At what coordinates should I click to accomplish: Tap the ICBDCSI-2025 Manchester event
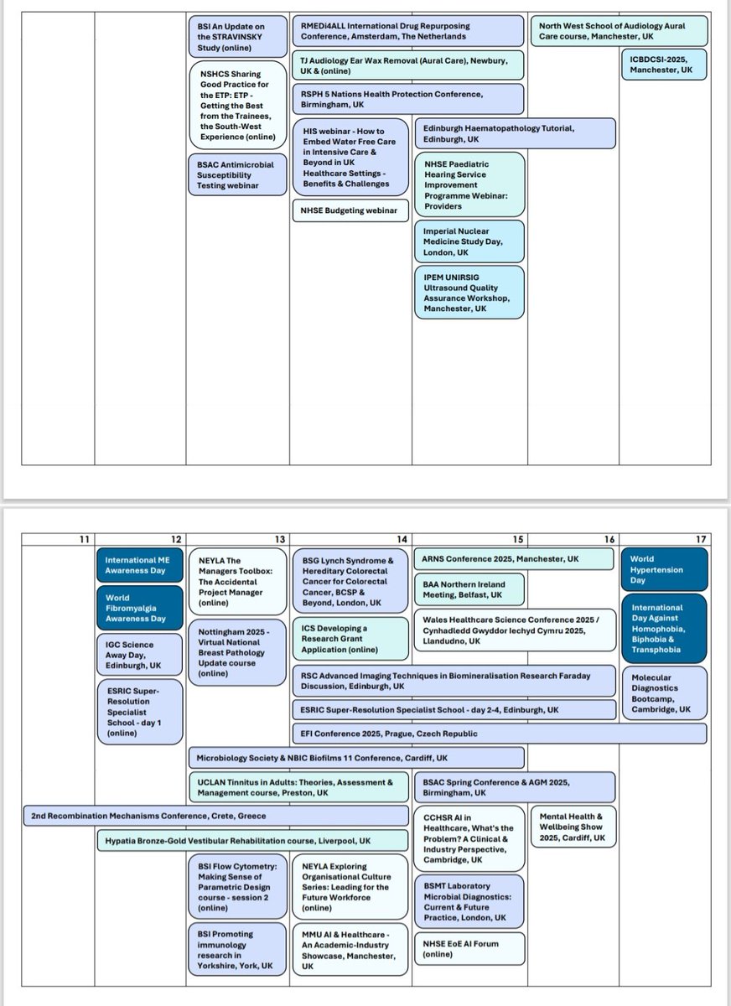[662, 65]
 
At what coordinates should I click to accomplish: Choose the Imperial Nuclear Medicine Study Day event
[469, 241]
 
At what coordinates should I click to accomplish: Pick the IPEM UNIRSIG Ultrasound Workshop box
[469, 292]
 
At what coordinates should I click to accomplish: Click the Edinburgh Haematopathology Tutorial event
[514, 133]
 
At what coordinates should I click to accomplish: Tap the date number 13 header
[280, 538]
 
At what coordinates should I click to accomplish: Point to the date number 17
[701, 538]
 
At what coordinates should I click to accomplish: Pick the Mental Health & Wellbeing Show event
[573, 827]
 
